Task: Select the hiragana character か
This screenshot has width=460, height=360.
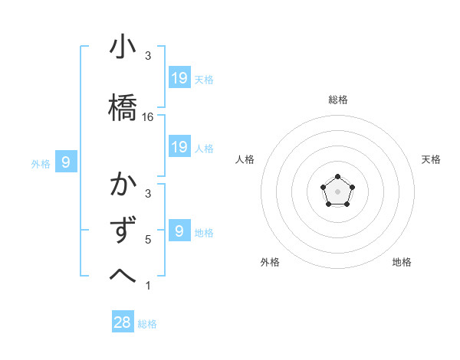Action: pyautogui.click(x=123, y=186)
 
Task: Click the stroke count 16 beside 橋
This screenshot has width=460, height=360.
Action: pyautogui.click(x=148, y=117)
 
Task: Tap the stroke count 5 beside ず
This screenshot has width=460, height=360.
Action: pyautogui.click(x=148, y=240)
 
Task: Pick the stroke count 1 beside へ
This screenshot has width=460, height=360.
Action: pyautogui.click(x=148, y=286)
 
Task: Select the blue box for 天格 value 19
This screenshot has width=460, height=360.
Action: pyautogui.click(x=179, y=77)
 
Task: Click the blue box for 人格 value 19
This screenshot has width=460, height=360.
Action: pyautogui.click(x=179, y=146)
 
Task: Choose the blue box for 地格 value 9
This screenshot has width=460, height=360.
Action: pyautogui.click(x=179, y=230)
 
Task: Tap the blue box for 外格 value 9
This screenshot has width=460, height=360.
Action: pyautogui.click(x=67, y=162)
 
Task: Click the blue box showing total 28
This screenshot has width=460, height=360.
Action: pyautogui.click(x=123, y=322)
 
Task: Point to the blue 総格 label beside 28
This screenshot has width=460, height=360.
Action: pyautogui.click(x=147, y=324)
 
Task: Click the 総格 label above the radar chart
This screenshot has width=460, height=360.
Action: pyautogui.click(x=337, y=100)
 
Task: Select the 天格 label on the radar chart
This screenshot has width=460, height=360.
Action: pyautogui.click(x=431, y=159)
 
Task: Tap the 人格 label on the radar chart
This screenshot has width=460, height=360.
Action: pyautogui.click(x=245, y=159)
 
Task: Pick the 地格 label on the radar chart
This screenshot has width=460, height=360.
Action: pyautogui.click(x=402, y=262)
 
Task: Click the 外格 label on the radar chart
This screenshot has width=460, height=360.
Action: pyautogui.click(x=270, y=262)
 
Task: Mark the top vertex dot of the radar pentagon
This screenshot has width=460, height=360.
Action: pyautogui.click(x=337, y=177)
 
